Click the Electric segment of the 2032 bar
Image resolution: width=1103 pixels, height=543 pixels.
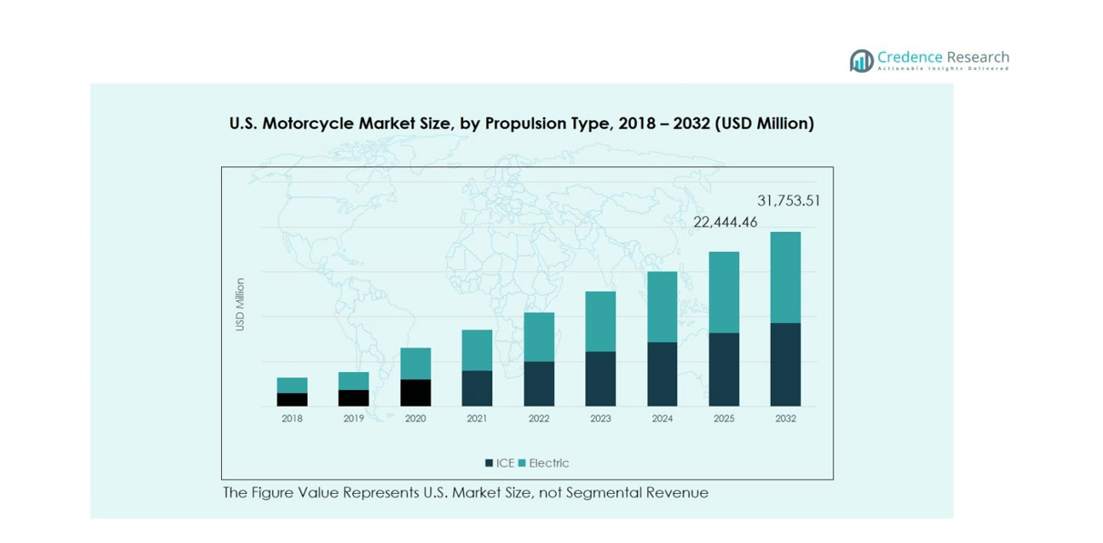(785, 277)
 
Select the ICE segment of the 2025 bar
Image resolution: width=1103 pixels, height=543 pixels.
(724, 369)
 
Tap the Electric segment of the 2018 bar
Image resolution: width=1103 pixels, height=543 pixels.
(292, 386)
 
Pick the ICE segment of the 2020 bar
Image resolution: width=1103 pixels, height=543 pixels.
(415, 393)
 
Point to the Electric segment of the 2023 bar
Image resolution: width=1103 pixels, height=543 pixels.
(601, 321)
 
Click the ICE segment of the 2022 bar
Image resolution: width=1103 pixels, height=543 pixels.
(539, 384)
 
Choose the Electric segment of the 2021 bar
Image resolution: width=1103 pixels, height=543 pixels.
(477, 350)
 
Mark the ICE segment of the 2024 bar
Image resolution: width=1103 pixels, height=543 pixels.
(662, 374)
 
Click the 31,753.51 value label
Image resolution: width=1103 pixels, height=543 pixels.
(788, 201)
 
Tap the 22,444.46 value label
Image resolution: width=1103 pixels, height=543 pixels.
(725, 222)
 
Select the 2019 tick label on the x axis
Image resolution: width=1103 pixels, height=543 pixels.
(353, 418)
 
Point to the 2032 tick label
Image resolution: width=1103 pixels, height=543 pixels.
(785, 418)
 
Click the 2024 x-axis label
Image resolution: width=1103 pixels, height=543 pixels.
(662, 418)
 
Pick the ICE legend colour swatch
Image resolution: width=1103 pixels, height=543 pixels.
(490, 463)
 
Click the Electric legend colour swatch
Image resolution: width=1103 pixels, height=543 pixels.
(522, 463)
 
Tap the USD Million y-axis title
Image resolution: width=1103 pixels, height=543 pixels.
(240, 305)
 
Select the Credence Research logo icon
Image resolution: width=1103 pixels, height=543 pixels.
(861, 61)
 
